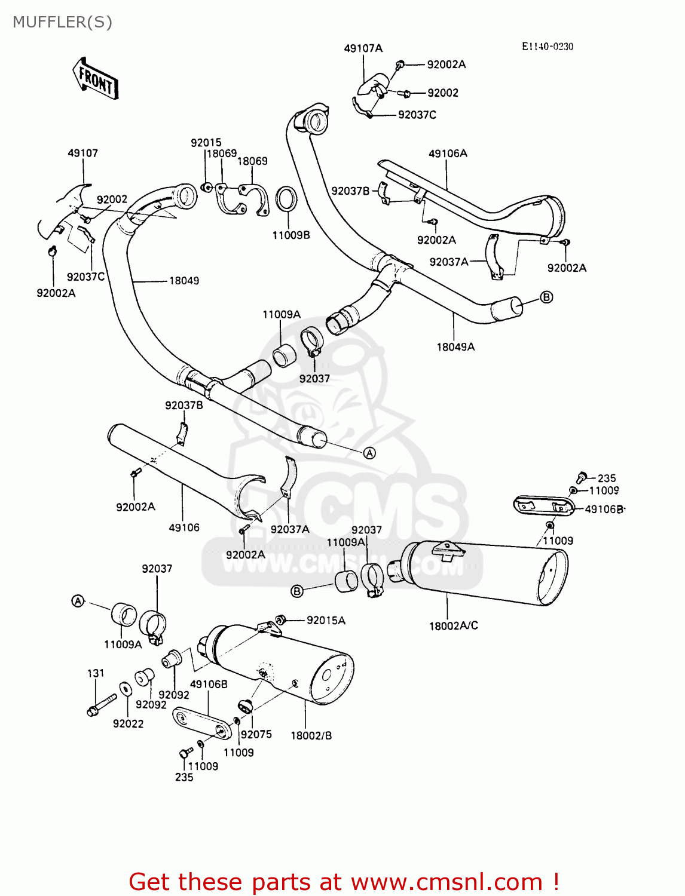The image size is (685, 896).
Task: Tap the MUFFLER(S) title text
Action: pyautogui.click(x=62, y=22)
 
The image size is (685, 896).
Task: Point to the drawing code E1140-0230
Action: pyautogui.click(x=547, y=47)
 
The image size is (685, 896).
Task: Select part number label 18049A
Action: pyautogui.click(x=455, y=347)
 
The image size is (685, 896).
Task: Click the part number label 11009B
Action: pyautogui.click(x=291, y=235)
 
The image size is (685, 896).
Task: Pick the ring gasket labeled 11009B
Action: pyautogui.click(x=286, y=199)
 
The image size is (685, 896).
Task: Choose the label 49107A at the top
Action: pyautogui.click(x=363, y=48)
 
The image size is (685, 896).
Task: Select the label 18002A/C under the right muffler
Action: pyautogui.click(x=453, y=626)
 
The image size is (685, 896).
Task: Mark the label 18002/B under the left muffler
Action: pyautogui.click(x=311, y=736)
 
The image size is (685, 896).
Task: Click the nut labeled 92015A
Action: pyautogui.click(x=280, y=619)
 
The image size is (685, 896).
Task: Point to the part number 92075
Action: pyautogui.click(x=256, y=735)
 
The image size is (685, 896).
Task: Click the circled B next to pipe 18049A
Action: pyautogui.click(x=546, y=297)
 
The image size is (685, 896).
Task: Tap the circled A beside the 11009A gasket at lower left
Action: pyautogui.click(x=78, y=601)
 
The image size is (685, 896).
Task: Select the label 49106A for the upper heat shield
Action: pyautogui.click(x=448, y=154)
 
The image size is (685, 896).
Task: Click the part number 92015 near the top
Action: pyautogui.click(x=206, y=143)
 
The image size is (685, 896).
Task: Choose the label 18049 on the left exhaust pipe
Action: pyautogui.click(x=184, y=281)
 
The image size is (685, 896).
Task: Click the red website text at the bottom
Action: pyautogui.click(x=344, y=882)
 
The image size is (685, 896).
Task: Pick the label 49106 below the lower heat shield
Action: pyautogui.click(x=184, y=528)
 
